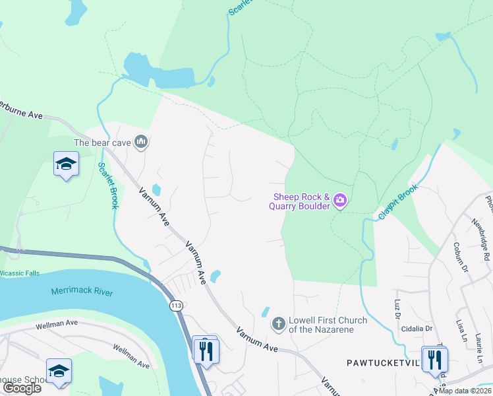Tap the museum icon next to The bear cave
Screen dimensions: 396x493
(x=140, y=142)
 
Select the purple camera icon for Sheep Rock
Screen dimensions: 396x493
(x=340, y=200)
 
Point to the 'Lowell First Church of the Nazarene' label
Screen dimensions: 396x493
(x=320, y=325)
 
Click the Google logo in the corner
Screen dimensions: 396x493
(x=22, y=388)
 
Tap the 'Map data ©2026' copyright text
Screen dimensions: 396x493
(x=465, y=391)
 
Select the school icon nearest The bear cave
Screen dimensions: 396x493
(x=66, y=164)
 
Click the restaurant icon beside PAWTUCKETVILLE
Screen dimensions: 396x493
(x=434, y=360)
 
